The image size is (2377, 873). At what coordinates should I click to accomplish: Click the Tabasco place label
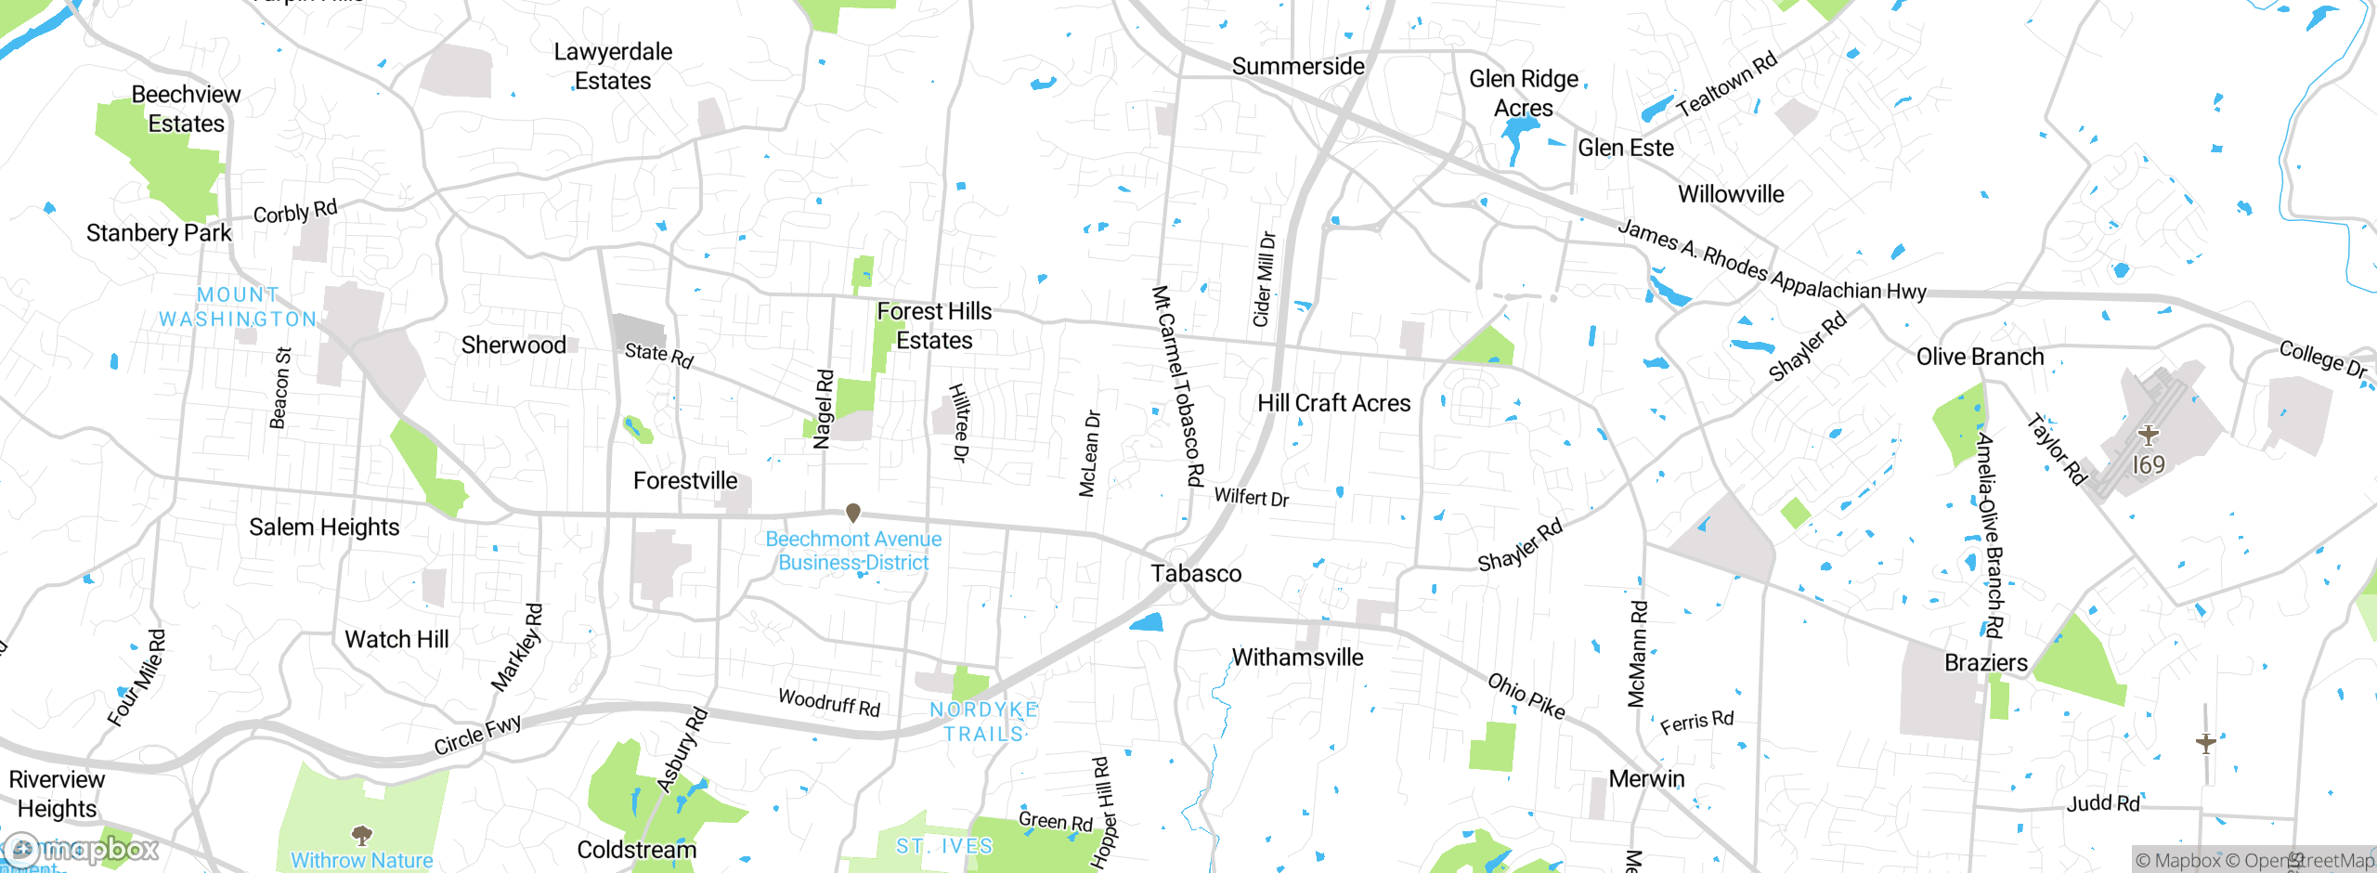1196,573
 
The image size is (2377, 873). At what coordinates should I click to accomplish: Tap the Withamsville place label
1297,658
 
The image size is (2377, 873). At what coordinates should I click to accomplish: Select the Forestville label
685,480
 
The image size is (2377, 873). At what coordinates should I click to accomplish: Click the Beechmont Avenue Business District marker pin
853,513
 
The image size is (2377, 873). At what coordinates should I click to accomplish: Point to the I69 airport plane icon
2148,435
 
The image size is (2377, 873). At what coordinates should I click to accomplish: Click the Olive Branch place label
1980,357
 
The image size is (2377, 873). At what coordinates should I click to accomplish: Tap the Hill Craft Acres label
1333,403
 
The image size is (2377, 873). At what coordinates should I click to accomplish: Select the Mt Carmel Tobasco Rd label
1177,385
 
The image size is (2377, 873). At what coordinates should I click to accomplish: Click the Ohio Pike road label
1526,697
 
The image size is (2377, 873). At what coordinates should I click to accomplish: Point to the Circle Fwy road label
477,735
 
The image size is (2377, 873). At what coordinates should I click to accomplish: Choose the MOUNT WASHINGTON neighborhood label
238,306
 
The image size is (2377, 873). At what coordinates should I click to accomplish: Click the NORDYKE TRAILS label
983,722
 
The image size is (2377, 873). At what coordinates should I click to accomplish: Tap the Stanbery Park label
159,232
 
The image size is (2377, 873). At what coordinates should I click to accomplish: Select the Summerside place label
1298,66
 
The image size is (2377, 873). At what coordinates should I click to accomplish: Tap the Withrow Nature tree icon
362,833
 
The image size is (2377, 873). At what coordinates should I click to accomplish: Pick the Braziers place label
1985,662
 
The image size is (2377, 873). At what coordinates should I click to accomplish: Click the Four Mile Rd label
136,678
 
